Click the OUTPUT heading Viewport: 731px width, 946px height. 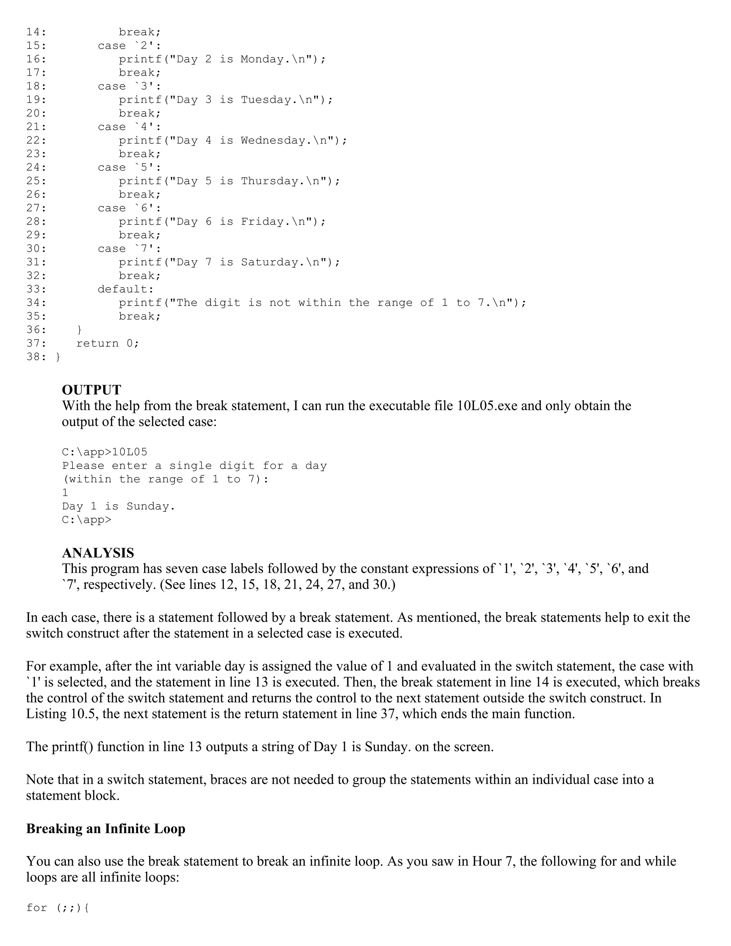pyautogui.click(x=91, y=390)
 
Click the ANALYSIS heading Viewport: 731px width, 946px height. pyautogui.click(x=98, y=553)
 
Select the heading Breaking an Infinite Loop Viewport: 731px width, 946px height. pyautogui.click(x=106, y=828)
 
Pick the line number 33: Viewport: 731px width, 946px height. pyautogui.click(x=36, y=289)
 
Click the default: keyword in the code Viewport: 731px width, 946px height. pyautogui.click(x=126, y=289)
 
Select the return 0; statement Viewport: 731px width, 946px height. pyautogui.click(x=108, y=343)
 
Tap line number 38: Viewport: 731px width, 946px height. pyautogui.click(x=36, y=357)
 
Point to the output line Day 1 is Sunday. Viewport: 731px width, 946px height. pyautogui.click(x=118, y=506)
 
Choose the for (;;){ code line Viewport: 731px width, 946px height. pyautogui.click(x=57, y=907)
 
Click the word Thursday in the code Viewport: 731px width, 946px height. pyautogui.click(x=269, y=181)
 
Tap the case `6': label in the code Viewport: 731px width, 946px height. pyautogui.click(x=129, y=208)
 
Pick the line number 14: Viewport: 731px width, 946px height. pyautogui.click(x=36, y=32)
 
